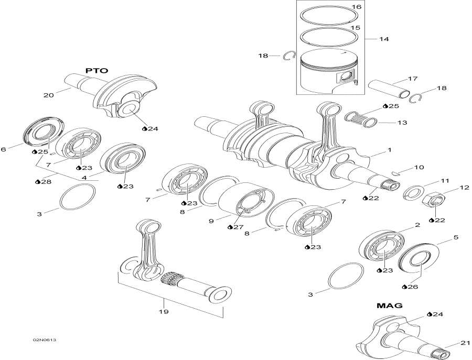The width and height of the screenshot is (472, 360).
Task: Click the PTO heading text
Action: [96, 70]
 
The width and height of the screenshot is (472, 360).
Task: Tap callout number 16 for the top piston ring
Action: [356, 7]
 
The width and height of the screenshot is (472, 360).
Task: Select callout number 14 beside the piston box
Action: [384, 39]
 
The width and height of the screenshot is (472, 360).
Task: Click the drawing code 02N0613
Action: [44, 341]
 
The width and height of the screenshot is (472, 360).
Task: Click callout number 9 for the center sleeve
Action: [211, 222]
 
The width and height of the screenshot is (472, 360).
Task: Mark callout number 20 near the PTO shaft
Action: [49, 95]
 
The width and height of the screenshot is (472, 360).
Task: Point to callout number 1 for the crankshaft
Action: [389, 150]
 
